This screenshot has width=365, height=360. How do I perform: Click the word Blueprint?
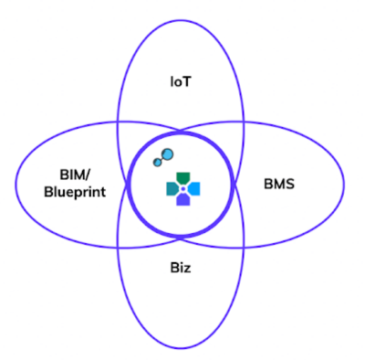point(75,193)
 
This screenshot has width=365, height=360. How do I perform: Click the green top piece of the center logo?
point(182,175)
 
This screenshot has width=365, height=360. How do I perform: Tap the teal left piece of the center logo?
point(172,188)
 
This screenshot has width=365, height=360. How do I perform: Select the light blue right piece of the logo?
point(194,188)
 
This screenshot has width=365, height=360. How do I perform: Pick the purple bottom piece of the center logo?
point(182,201)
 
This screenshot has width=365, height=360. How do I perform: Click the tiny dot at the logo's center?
point(182,188)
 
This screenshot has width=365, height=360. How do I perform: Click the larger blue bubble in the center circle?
point(167,154)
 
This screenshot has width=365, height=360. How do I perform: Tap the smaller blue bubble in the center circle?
point(157,163)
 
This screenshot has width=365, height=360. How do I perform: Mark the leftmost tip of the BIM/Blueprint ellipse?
point(21,185)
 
